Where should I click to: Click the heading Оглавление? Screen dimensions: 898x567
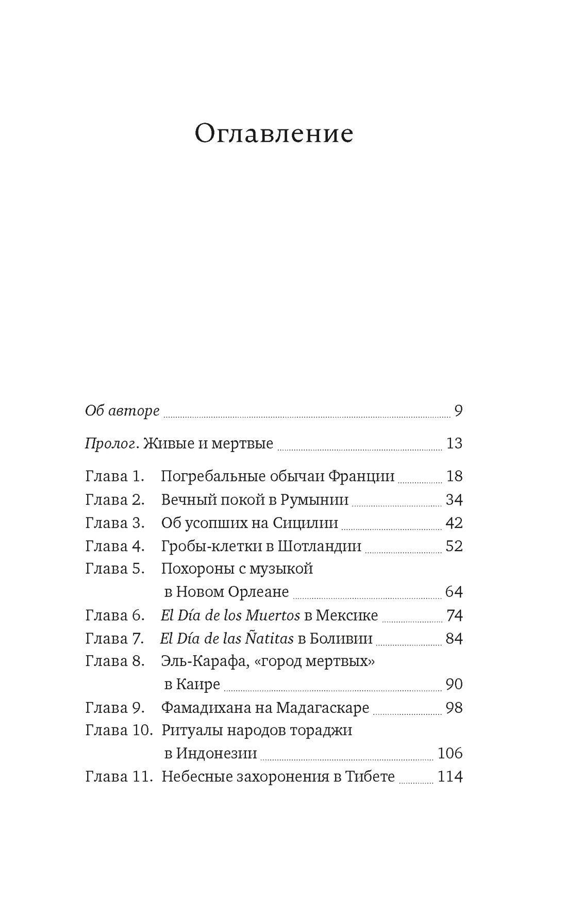click(274, 134)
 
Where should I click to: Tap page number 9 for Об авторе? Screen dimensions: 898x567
click(458, 411)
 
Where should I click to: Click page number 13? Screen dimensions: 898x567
click(454, 443)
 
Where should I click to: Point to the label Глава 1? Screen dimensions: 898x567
click(114, 476)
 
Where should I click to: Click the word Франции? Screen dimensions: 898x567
click(361, 476)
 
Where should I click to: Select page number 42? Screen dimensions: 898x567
click(454, 523)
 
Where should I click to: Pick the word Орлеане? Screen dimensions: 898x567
click(259, 592)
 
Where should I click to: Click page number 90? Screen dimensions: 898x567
click(454, 685)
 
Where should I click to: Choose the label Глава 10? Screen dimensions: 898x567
click(119, 730)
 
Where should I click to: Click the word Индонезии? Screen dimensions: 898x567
click(216, 754)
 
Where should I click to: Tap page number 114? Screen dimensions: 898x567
click(449, 777)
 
